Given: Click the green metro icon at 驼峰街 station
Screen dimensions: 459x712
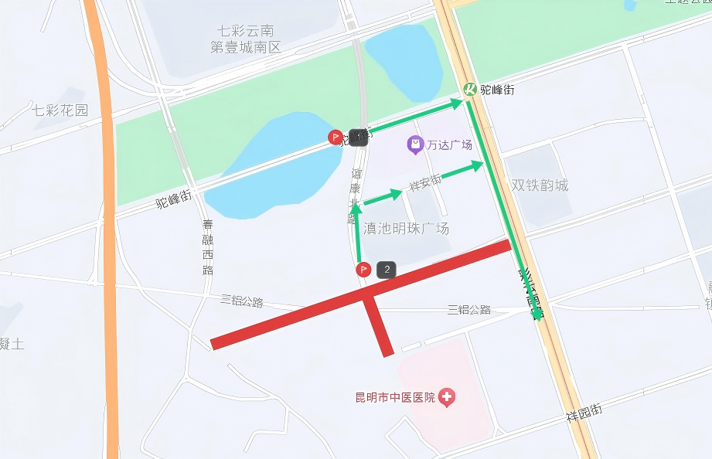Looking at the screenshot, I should (470, 90).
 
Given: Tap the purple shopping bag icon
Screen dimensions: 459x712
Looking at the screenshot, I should (416, 144).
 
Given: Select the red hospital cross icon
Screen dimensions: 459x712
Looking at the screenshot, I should (447, 398).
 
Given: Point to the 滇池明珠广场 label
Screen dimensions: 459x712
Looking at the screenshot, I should (407, 229).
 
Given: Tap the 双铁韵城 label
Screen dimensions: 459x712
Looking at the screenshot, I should (540, 185).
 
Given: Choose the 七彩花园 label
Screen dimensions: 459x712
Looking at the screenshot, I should (60, 110).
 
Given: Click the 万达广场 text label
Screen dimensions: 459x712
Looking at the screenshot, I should (449, 144).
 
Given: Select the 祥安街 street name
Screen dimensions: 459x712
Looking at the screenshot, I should (425, 183).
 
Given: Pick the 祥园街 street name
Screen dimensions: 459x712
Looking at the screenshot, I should (584, 412).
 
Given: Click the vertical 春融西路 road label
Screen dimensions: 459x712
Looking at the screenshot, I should (208, 247).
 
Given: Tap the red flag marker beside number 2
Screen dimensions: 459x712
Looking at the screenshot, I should (363, 270).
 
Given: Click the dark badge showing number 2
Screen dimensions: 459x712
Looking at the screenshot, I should (387, 270).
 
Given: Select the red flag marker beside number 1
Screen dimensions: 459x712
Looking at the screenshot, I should (336, 138).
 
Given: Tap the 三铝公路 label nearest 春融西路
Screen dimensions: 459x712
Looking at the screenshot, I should (242, 301).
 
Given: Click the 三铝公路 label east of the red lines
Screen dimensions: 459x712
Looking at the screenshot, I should (469, 310).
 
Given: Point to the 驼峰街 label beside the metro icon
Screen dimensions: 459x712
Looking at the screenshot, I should (497, 90).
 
